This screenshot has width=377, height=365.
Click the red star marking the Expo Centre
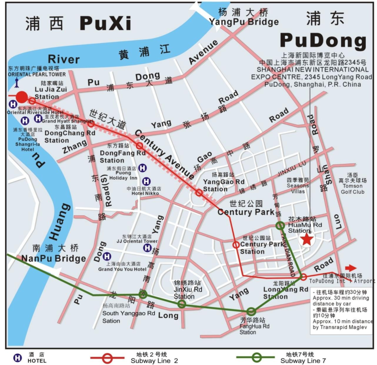click(x=306, y=239)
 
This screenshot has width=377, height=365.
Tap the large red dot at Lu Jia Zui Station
click(x=22, y=97)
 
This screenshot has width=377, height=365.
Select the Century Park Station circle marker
click(x=236, y=245)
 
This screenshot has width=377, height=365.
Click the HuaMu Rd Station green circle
click(x=280, y=226)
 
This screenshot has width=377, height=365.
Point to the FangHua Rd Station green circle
click(x=251, y=311)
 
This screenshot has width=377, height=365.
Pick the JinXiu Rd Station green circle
click(x=182, y=304)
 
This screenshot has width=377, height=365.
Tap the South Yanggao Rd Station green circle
click(x=143, y=295)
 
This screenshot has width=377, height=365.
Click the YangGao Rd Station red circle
click(x=199, y=192)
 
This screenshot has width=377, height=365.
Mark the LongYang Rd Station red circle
click(x=304, y=277)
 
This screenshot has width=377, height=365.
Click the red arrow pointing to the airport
click(x=351, y=268)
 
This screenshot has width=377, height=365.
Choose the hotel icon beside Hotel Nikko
click(x=147, y=181)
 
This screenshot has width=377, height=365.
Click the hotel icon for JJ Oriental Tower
click(x=148, y=248)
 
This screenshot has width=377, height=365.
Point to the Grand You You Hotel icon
click(x=107, y=256)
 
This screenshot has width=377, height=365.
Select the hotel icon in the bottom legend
click(x=17, y=358)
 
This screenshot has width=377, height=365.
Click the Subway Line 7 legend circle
click(x=257, y=357)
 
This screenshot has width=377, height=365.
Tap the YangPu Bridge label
click(x=244, y=22)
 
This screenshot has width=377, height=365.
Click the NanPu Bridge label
click(x=53, y=259)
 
